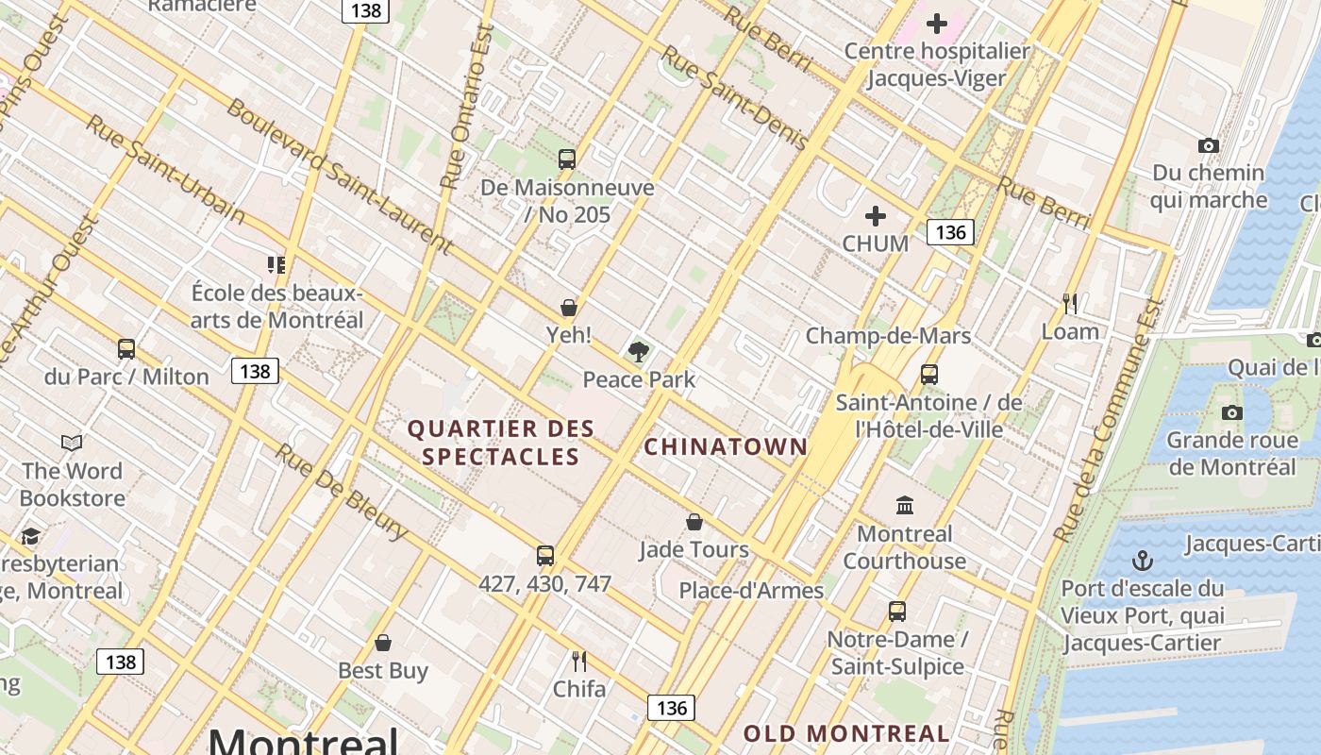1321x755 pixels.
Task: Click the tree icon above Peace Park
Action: [639, 352]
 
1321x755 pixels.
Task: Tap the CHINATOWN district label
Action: [726, 446]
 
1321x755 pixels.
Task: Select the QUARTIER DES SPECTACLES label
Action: [501, 443]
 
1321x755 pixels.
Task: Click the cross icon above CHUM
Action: [876, 216]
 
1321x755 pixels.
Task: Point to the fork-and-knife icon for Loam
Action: [1070, 304]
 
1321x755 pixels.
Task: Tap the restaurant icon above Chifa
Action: [579, 662]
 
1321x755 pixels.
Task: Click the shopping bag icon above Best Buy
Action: [383, 644]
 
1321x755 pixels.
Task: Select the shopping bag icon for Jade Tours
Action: [694, 522]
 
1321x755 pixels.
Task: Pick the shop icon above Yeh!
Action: [569, 308]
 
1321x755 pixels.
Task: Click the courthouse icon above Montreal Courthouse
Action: [905, 506]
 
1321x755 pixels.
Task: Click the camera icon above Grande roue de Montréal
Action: [1231, 413]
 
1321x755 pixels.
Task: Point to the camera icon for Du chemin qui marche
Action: [1208, 145]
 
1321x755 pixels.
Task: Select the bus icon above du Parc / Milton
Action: [126, 349]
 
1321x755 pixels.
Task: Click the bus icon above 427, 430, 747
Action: [544, 556]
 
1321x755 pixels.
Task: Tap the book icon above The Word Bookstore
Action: [72, 443]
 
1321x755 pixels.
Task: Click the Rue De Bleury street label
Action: [342, 492]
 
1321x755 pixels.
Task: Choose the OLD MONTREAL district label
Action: [846, 733]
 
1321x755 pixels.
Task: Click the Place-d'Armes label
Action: [751, 591]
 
